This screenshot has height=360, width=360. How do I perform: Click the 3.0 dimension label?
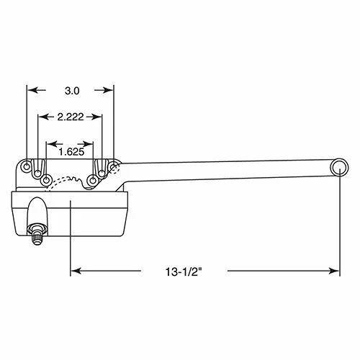pos(72,91)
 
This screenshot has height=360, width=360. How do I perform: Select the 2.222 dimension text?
pos(71,117)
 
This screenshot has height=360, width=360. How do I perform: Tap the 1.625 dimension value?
pos(71,152)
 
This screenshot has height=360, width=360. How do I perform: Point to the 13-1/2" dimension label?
pos(184,272)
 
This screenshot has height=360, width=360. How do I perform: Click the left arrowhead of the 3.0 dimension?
pos(32,90)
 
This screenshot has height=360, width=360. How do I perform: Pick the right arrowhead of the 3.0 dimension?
pos(107,90)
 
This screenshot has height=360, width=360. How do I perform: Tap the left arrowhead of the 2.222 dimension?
pos(44,117)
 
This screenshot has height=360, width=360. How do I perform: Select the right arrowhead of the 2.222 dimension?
pos(96,117)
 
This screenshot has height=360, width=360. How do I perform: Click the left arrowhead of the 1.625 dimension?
pos(52,144)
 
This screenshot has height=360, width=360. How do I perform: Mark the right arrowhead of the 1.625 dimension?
pos(88,144)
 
